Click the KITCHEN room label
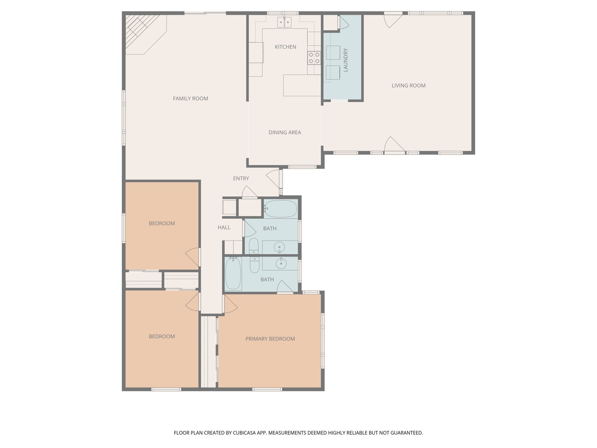coord(285,47)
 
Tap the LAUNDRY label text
coord(346,60)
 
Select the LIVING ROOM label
coord(408,86)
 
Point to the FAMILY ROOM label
coord(190,99)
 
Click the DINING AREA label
coord(285,132)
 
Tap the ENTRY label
coord(241,178)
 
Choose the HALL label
coord(224,228)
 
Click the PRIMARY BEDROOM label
coord(270,339)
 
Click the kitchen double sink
coord(284,22)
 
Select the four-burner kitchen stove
coord(314,58)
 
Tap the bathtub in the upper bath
coord(281,209)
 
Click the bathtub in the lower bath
coord(233,274)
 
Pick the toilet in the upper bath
coord(254,246)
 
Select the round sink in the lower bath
coord(281,264)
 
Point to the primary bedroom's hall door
coord(230,305)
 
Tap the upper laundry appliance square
coord(333,53)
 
